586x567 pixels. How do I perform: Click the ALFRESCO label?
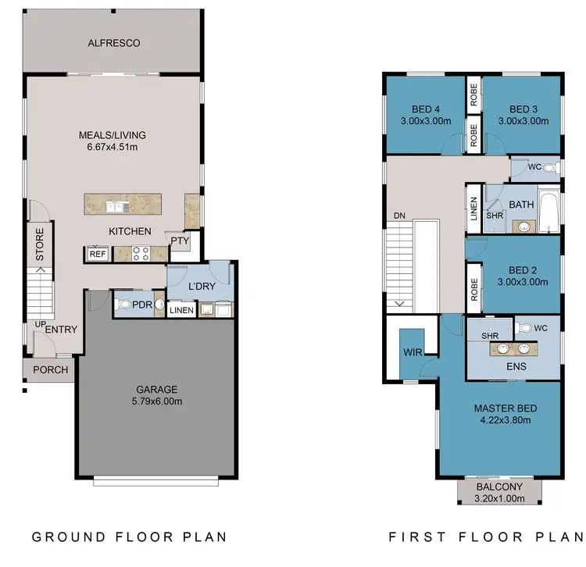coord(114,44)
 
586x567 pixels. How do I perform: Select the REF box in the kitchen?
coord(98,254)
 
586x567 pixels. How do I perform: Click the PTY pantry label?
coord(180,241)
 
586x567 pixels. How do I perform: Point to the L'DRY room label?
coord(202,286)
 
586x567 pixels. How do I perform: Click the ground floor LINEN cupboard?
coord(181,311)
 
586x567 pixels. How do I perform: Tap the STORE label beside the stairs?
coord(40,244)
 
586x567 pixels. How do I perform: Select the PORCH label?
coord(49,370)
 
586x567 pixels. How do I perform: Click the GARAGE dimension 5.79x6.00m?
coord(157,401)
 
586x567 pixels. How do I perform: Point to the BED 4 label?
coord(426,109)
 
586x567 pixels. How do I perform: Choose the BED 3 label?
coord(523,109)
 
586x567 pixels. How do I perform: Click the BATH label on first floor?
coord(521,205)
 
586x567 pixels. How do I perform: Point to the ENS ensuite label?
coord(516,367)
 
